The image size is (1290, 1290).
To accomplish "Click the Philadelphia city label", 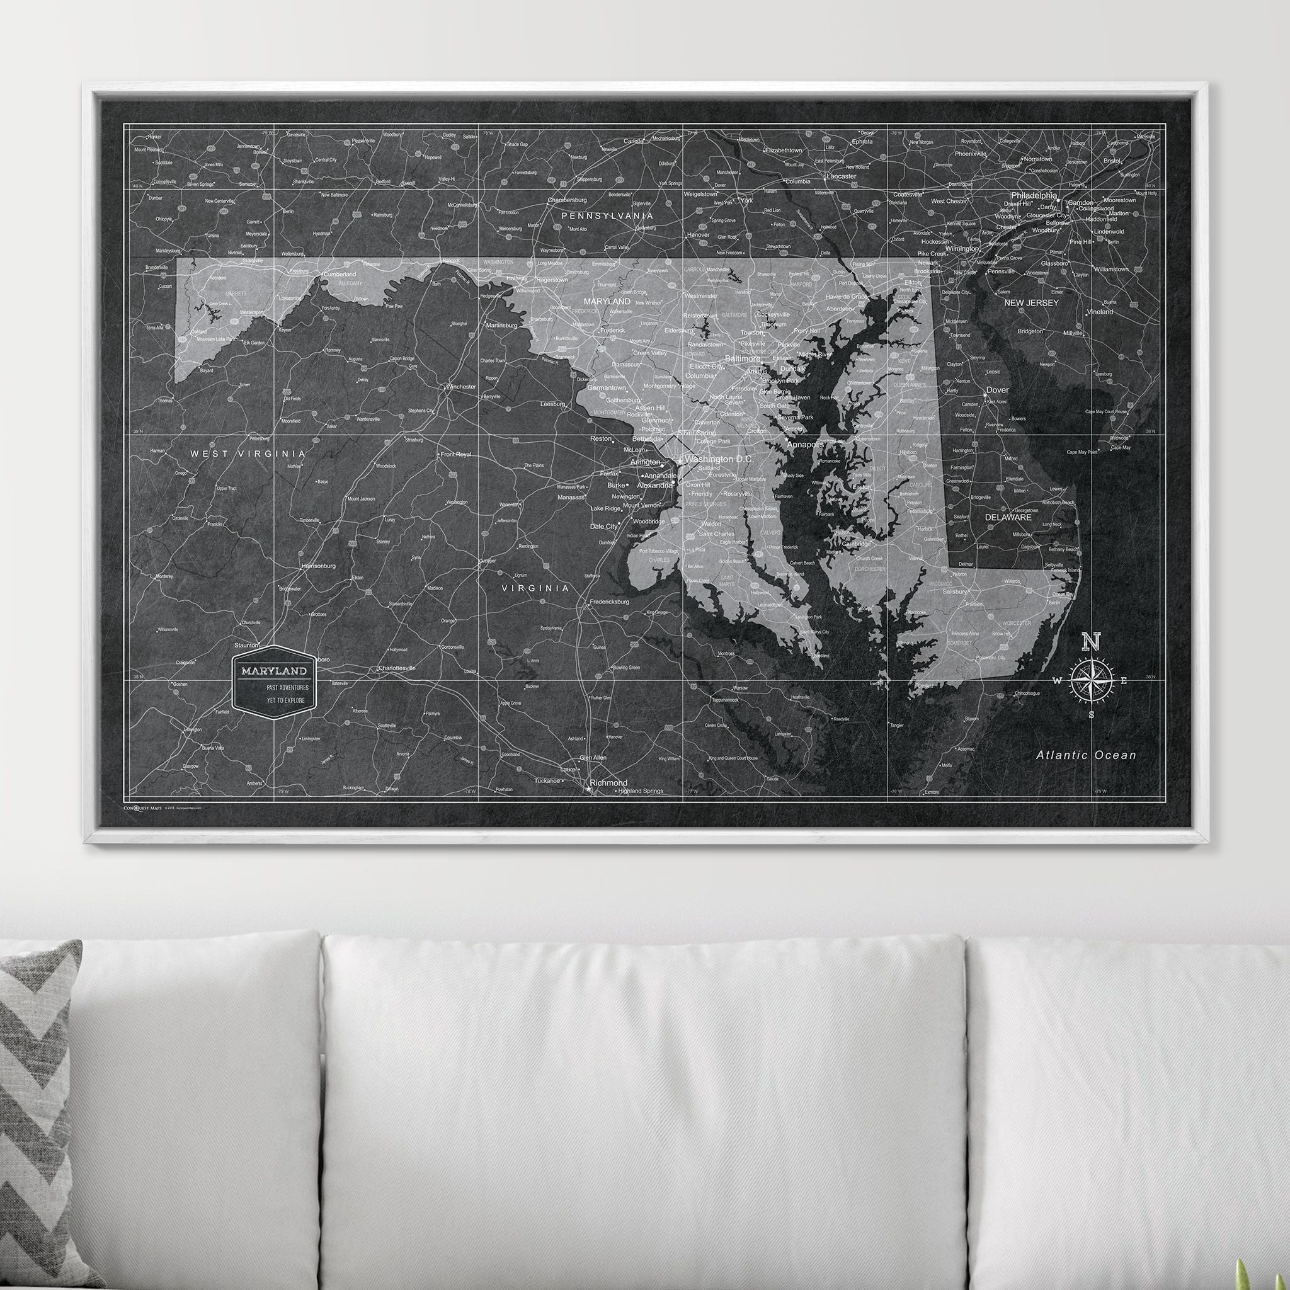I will pyautogui.click(x=1034, y=196).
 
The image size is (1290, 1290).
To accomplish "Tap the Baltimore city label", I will pyautogui.click(x=742, y=358).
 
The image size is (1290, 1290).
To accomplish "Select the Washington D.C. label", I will pyautogui.click(x=719, y=459).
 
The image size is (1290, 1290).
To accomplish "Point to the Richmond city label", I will pyautogui.click(x=608, y=782).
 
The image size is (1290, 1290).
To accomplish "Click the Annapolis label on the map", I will pyautogui.click(x=806, y=444).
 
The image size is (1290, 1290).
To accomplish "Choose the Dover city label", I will pyautogui.click(x=998, y=390).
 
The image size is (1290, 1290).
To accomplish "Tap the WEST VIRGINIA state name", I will pyautogui.click(x=248, y=454).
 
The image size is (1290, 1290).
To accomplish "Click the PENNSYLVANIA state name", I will pyautogui.click(x=607, y=215).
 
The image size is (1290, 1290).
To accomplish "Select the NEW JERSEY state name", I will pyautogui.click(x=1031, y=303).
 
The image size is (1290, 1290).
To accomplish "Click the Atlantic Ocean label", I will pyautogui.click(x=1086, y=755).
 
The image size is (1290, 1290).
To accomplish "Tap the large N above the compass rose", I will pyautogui.click(x=1091, y=642).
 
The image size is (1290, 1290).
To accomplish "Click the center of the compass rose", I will pyautogui.click(x=1091, y=680).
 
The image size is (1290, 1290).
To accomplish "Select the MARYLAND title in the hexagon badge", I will pyautogui.click(x=275, y=670).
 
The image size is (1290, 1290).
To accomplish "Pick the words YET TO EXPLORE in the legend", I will pyautogui.click(x=285, y=700).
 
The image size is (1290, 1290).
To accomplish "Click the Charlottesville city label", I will pyautogui.click(x=396, y=668).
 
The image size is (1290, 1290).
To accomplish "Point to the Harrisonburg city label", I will pyautogui.click(x=319, y=566).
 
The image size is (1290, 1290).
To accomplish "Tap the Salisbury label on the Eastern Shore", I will pyautogui.click(x=954, y=591).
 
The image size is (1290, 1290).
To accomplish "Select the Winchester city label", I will pyautogui.click(x=460, y=387).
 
